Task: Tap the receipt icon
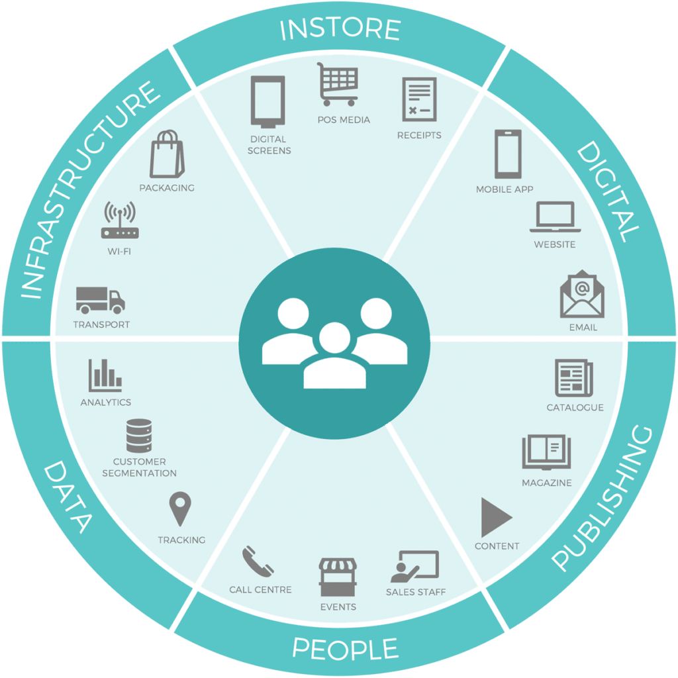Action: [x=419, y=99]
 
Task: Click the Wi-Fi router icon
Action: [x=120, y=220]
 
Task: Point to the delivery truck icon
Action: [x=101, y=300]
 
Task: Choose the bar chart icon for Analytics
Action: [x=105, y=375]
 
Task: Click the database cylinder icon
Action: [x=139, y=436]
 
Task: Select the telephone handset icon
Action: [x=258, y=561]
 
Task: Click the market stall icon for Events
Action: [x=338, y=577]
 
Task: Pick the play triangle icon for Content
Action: [x=495, y=517]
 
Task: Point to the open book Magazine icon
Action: [x=546, y=452]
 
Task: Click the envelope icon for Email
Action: [x=582, y=294]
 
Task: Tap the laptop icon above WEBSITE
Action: [x=556, y=217]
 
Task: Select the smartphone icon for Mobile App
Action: [x=508, y=154]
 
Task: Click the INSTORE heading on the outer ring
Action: [x=340, y=29]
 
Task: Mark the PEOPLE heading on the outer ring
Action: [x=344, y=649]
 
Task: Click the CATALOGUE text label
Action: [x=575, y=408]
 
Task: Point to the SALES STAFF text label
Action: [x=416, y=592]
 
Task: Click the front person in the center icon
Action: [x=334, y=359]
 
